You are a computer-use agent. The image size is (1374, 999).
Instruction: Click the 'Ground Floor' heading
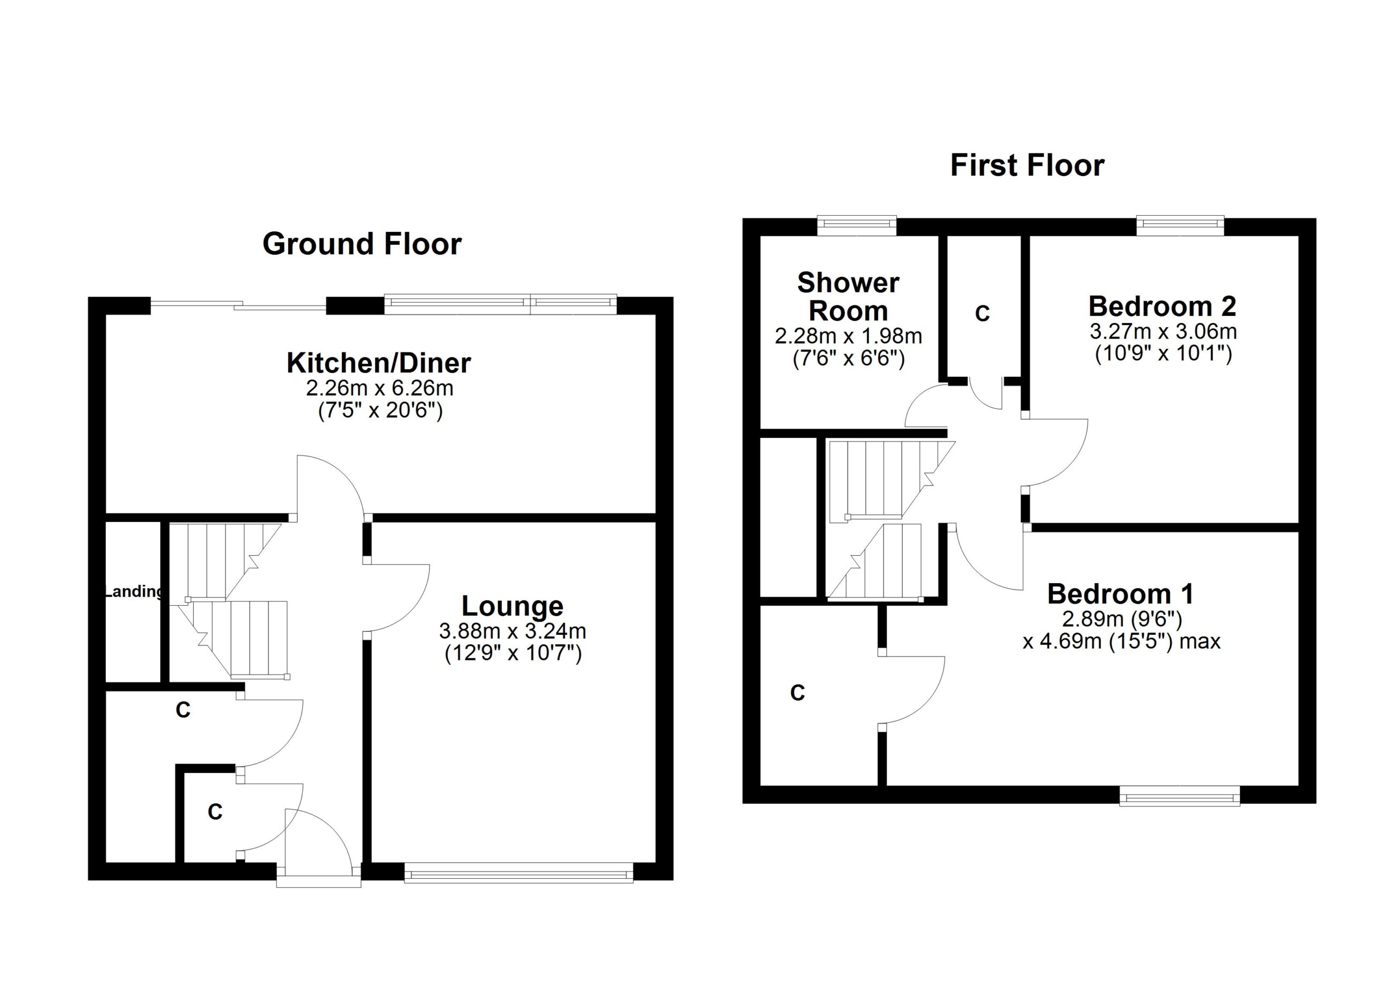[362, 244]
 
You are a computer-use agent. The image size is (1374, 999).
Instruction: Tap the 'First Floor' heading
[1027, 165]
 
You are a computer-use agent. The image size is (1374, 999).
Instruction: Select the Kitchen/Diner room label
[378, 363]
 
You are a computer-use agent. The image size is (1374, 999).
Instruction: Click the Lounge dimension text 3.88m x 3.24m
[513, 631]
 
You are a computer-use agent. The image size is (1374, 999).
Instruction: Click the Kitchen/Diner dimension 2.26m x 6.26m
[380, 387]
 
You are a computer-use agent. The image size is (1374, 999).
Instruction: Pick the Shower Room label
[848, 297]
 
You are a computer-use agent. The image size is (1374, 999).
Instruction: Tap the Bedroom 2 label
[1162, 306]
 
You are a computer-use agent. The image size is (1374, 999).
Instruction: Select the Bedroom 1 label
[1121, 594]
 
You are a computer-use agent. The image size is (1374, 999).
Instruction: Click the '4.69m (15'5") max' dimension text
[1121, 641]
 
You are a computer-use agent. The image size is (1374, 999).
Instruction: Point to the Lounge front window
[518, 873]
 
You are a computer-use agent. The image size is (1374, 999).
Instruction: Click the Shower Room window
[857, 225]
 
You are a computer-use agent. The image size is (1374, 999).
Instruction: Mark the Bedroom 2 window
[1180, 225]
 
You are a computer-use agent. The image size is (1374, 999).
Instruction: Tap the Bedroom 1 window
[1179, 796]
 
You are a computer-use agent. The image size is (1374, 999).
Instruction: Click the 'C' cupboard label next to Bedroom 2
[982, 314]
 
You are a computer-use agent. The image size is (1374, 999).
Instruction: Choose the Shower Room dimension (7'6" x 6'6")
[848, 359]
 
